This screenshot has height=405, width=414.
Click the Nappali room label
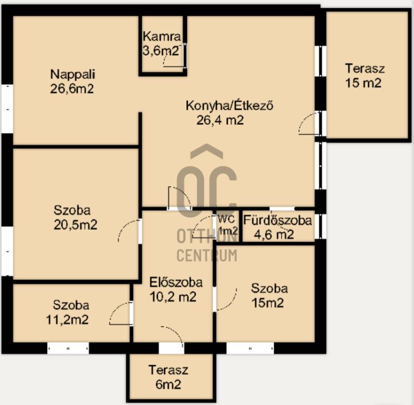[72, 75]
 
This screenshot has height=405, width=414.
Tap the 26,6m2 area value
[72, 89]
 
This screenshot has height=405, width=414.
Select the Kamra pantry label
[162, 36]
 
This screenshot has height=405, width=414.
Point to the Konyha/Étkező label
[229, 106]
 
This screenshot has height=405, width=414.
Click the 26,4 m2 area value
[220, 121]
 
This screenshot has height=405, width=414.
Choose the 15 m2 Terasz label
[365, 68]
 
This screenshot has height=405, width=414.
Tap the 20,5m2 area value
[76, 225]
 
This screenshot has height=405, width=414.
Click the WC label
[226, 219]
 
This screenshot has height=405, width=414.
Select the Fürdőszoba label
[277, 220]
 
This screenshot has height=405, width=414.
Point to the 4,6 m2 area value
[274, 234]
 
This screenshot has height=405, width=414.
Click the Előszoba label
[176, 282]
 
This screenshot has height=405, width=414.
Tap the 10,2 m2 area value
[173, 297]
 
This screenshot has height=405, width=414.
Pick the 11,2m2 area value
[67, 320]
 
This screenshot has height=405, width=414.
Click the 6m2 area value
[168, 384]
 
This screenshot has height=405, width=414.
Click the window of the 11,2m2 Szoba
[68, 348]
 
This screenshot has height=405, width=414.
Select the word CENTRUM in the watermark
[206, 255]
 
